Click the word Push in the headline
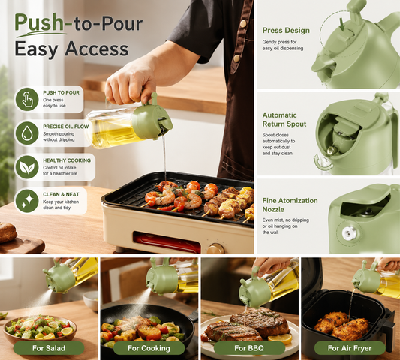tap(39, 23)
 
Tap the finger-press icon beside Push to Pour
tap(27, 99)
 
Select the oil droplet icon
tap(27, 133)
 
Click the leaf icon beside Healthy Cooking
tap(27, 167)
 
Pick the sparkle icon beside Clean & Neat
tap(27, 201)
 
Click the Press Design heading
tap(286, 31)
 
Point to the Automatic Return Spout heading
tap(284, 119)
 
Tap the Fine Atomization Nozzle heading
tap(290, 205)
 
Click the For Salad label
tap(49, 348)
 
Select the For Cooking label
tap(149, 348)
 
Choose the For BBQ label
tap(249, 348)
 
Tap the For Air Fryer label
tap(350, 348)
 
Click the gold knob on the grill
tap(216, 248)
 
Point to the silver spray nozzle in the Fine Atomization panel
tap(348, 233)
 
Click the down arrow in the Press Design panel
tap(341, 24)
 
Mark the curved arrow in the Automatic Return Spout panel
tap(321, 163)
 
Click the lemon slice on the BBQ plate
tap(280, 338)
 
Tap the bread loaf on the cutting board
tap(8, 232)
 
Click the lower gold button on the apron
tap(237, 58)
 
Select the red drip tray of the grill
tap(167, 242)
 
